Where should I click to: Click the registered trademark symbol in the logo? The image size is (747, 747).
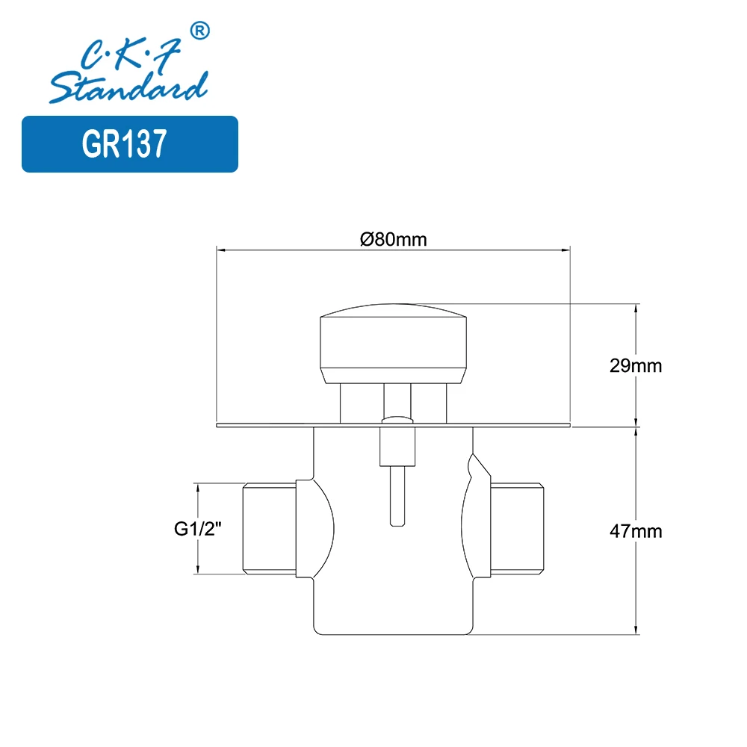pyautogui.click(x=200, y=31)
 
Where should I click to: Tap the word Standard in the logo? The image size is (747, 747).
pyautogui.click(x=128, y=87)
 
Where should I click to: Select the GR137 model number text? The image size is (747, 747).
pyautogui.click(x=124, y=143)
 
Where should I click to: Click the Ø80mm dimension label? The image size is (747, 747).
pyautogui.click(x=394, y=239)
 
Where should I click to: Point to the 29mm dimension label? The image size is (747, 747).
pyautogui.click(x=636, y=366)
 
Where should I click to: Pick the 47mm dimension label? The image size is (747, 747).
pyautogui.click(x=636, y=531)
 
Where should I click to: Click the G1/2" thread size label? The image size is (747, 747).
pyautogui.click(x=198, y=529)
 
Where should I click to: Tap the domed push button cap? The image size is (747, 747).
pyautogui.click(x=393, y=343)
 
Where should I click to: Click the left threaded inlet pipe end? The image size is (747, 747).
pyautogui.click(x=269, y=528)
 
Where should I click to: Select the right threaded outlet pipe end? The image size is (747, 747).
pyautogui.click(x=518, y=528)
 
